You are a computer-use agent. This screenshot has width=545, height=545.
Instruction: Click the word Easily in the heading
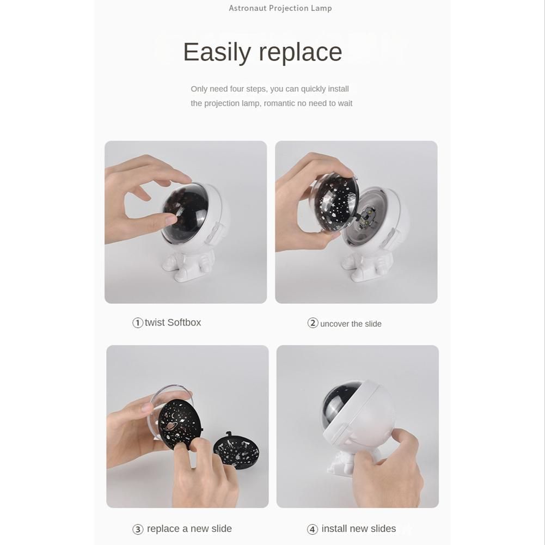217,52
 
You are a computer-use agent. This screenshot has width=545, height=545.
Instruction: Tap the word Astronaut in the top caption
247,8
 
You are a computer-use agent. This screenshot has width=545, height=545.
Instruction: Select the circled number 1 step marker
138,323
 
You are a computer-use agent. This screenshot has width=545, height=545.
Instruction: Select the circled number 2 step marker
313,323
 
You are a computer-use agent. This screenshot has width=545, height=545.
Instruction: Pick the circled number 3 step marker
138,529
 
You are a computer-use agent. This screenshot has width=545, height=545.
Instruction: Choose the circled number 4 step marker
313,529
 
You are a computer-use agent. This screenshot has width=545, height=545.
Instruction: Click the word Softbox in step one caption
184,322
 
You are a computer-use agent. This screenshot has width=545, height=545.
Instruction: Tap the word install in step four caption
334,529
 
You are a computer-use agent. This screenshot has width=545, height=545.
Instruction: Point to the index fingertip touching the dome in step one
172,219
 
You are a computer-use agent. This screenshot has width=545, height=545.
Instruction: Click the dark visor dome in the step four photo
341,406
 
